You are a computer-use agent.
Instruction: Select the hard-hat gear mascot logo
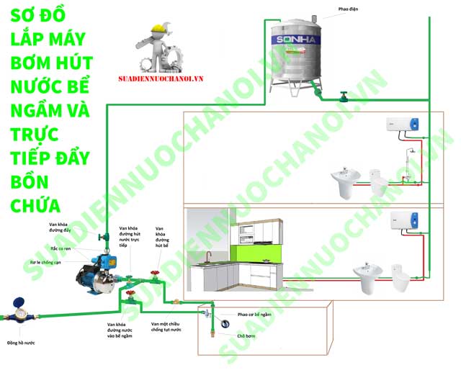click(x=160, y=45)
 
